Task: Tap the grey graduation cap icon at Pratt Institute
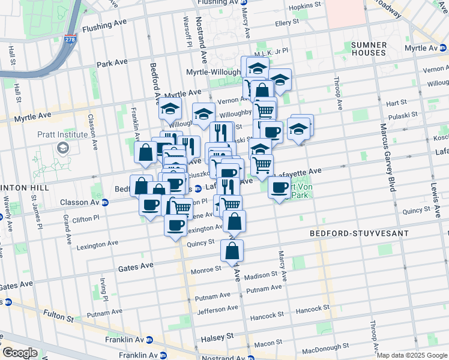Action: pyautogui.click(x=62, y=147)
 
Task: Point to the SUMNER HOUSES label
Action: pyautogui.click(x=369, y=49)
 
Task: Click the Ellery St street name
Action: pyautogui.click(x=287, y=23)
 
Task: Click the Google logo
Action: pyautogui.click(x=20, y=353)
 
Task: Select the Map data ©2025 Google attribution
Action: pyautogui.click(x=412, y=355)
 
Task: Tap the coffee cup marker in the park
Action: pyautogui.click(x=280, y=188)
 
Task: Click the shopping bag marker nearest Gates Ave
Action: pyautogui.click(x=232, y=251)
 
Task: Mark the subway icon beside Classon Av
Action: pyautogui.click(x=105, y=203)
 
